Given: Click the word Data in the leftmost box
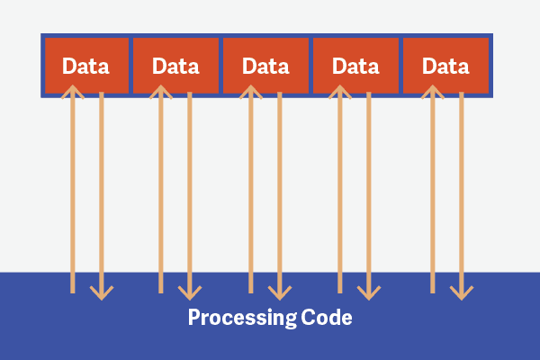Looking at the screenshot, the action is pos(85,66).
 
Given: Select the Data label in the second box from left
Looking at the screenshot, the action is pos(175,66).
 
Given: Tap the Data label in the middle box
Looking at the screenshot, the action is pos(265,66).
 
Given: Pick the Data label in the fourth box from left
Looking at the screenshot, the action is pos(355,66).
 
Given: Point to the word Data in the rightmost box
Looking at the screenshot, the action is pos(445,66).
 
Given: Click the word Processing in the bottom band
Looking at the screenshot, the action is pos(242,318).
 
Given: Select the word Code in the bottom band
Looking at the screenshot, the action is pos(327,317).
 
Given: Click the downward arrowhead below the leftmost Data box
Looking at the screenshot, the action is pos(102,294).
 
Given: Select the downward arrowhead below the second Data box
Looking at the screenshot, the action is pos(190,294).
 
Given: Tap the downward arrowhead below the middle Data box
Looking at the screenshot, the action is pos(280,294).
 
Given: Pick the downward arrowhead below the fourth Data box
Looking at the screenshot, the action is pos(369,294).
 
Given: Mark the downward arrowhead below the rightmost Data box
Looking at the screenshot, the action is pos(462,294).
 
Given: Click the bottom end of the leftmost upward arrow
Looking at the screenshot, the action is pos(73,293).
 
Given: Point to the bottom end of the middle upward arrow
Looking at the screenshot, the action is pos(251,293).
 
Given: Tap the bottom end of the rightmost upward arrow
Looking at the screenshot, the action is pos(433,293).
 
